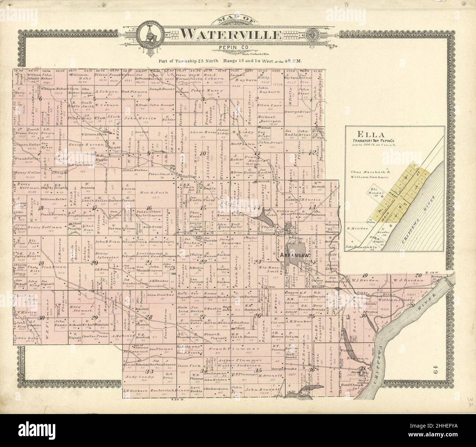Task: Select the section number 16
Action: click(x=149, y=208)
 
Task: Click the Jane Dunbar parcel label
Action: click(x=157, y=294)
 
